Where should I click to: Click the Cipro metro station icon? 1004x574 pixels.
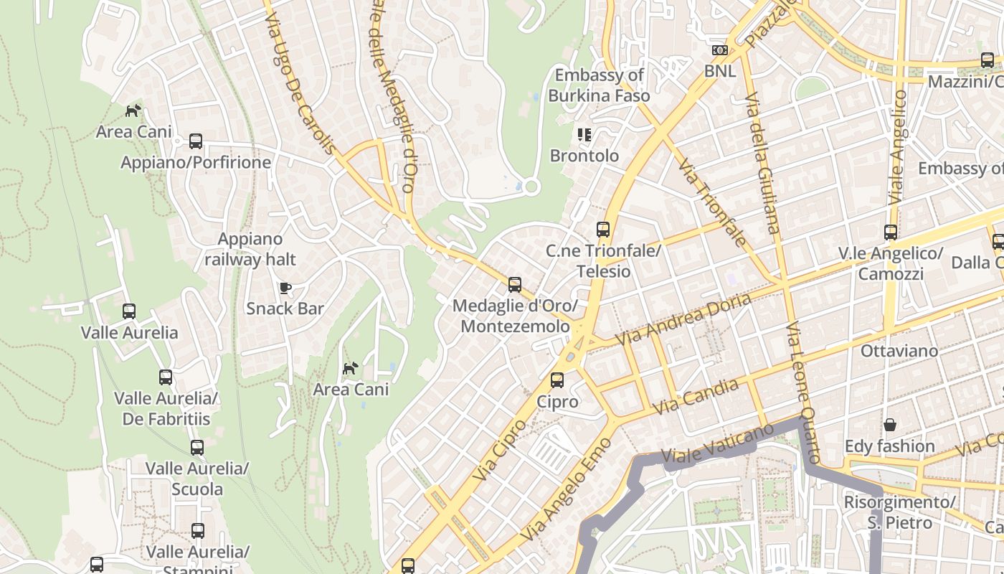click(557, 380)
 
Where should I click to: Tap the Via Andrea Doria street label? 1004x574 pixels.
click(684, 319)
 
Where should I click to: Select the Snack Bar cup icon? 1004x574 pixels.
click(285, 288)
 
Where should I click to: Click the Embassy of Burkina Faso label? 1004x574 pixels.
click(600, 85)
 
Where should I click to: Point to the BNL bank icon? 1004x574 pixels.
click(719, 50)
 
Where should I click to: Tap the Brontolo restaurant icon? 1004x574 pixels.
click(584, 135)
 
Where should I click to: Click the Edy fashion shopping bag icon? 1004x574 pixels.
click(889, 425)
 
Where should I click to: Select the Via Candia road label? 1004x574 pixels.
click(696, 397)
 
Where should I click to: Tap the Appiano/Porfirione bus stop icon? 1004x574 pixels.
click(196, 141)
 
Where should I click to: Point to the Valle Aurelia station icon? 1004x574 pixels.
click(129, 311)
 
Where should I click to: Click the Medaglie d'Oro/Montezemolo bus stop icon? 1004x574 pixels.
click(515, 285)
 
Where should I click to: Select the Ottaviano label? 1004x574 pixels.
click(899, 351)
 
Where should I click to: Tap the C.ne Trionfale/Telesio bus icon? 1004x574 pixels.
click(603, 230)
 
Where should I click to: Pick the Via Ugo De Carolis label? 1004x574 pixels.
click(300, 77)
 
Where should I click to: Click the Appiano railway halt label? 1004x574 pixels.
click(250, 249)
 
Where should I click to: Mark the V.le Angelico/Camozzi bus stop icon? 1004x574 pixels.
click(891, 232)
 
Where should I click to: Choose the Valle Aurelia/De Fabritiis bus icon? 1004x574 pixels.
click(166, 377)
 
